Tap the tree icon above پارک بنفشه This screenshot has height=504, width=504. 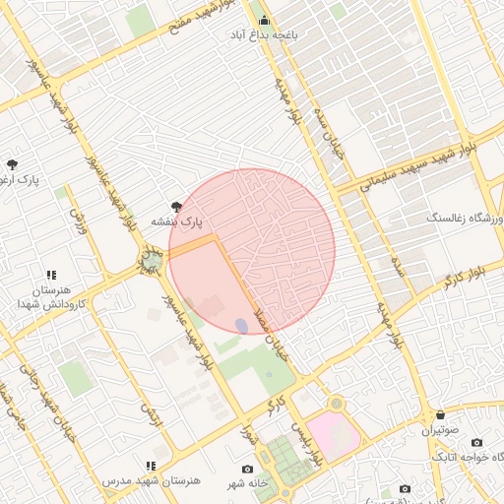(177, 207)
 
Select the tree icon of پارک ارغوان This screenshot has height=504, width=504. (12, 165)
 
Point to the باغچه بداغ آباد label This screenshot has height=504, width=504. (264, 35)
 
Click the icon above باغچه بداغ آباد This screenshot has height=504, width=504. (263, 20)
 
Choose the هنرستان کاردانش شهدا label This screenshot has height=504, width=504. (47, 297)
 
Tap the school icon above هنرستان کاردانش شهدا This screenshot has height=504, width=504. (50, 275)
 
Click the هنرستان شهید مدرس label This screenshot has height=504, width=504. (152, 480)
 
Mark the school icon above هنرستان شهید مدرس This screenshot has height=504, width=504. (151, 466)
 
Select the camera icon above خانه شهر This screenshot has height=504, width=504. (247, 469)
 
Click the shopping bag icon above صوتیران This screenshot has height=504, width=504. (440, 415)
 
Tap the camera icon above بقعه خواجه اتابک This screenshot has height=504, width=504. (477, 443)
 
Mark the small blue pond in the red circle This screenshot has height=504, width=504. (241, 325)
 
